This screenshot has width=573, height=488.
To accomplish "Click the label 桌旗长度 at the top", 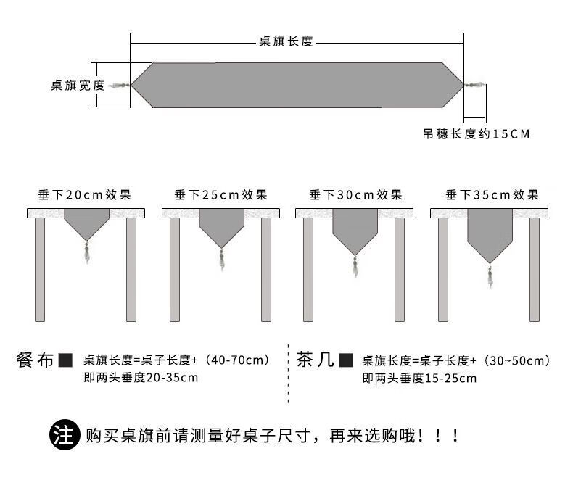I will [286, 42].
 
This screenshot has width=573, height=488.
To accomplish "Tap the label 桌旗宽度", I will [78, 86].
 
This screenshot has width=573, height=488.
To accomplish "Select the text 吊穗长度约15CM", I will [476, 134].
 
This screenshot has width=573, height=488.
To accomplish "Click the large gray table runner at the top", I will [297, 86].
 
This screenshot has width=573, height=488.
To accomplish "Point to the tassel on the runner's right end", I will [476, 86].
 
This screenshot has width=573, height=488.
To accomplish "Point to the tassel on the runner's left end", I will [120, 86].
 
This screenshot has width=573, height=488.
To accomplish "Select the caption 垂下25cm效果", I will [220, 195].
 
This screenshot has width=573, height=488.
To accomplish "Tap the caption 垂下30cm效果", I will [355, 195].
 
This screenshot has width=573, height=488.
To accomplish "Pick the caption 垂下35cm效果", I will [492, 195].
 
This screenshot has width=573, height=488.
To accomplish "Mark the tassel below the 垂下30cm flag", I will [355, 265].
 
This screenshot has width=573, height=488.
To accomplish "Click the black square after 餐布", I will [66, 360].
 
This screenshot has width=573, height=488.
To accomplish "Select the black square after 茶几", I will [346, 360].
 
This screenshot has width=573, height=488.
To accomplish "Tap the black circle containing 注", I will [64, 436].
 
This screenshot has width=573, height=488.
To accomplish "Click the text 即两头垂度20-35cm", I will [141, 377].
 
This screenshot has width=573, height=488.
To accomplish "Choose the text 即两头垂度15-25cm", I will [419, 378].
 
